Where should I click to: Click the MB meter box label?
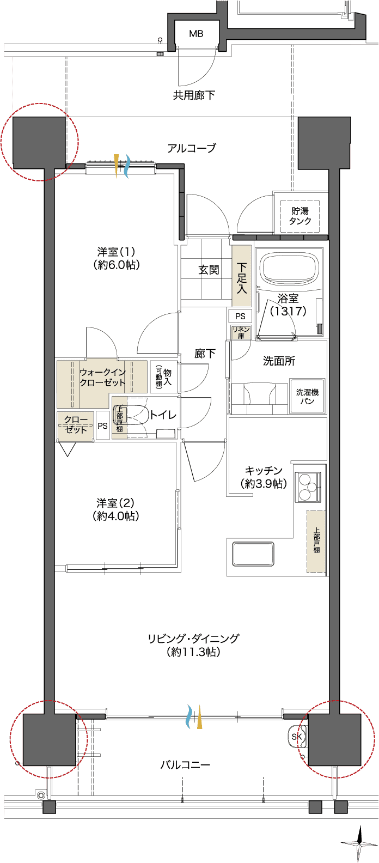coord(196,34)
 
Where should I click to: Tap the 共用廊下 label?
coord(194,95)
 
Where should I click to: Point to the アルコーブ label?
coord(192,148)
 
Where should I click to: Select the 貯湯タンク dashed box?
coord(300,216)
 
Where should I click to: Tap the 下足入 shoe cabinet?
coord(242,276)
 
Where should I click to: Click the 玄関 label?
coord(209,270)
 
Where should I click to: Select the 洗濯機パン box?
coord(307,396)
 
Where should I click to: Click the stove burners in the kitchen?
coord(308,488)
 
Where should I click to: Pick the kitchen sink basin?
coord(253,554)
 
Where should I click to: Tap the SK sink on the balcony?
coord(297,736)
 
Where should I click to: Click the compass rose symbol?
coord(359,843)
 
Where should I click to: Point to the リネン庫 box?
coord(241,332)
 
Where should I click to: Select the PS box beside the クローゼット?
coord(102,426)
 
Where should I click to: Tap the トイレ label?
coord(163,415)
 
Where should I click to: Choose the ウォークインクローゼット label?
coord(102,378)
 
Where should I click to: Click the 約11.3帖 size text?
coord(194,652)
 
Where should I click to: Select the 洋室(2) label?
coord(115,503)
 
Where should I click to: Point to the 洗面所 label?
coord(279,361)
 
